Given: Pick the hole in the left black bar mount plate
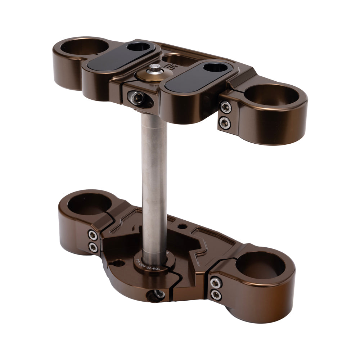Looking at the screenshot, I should [140, 47].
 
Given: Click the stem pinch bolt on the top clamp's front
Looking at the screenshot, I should [136, 97].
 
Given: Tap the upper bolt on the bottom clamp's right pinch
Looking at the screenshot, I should [216, 283].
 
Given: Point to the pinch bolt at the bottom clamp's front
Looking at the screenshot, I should [158, 294].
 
